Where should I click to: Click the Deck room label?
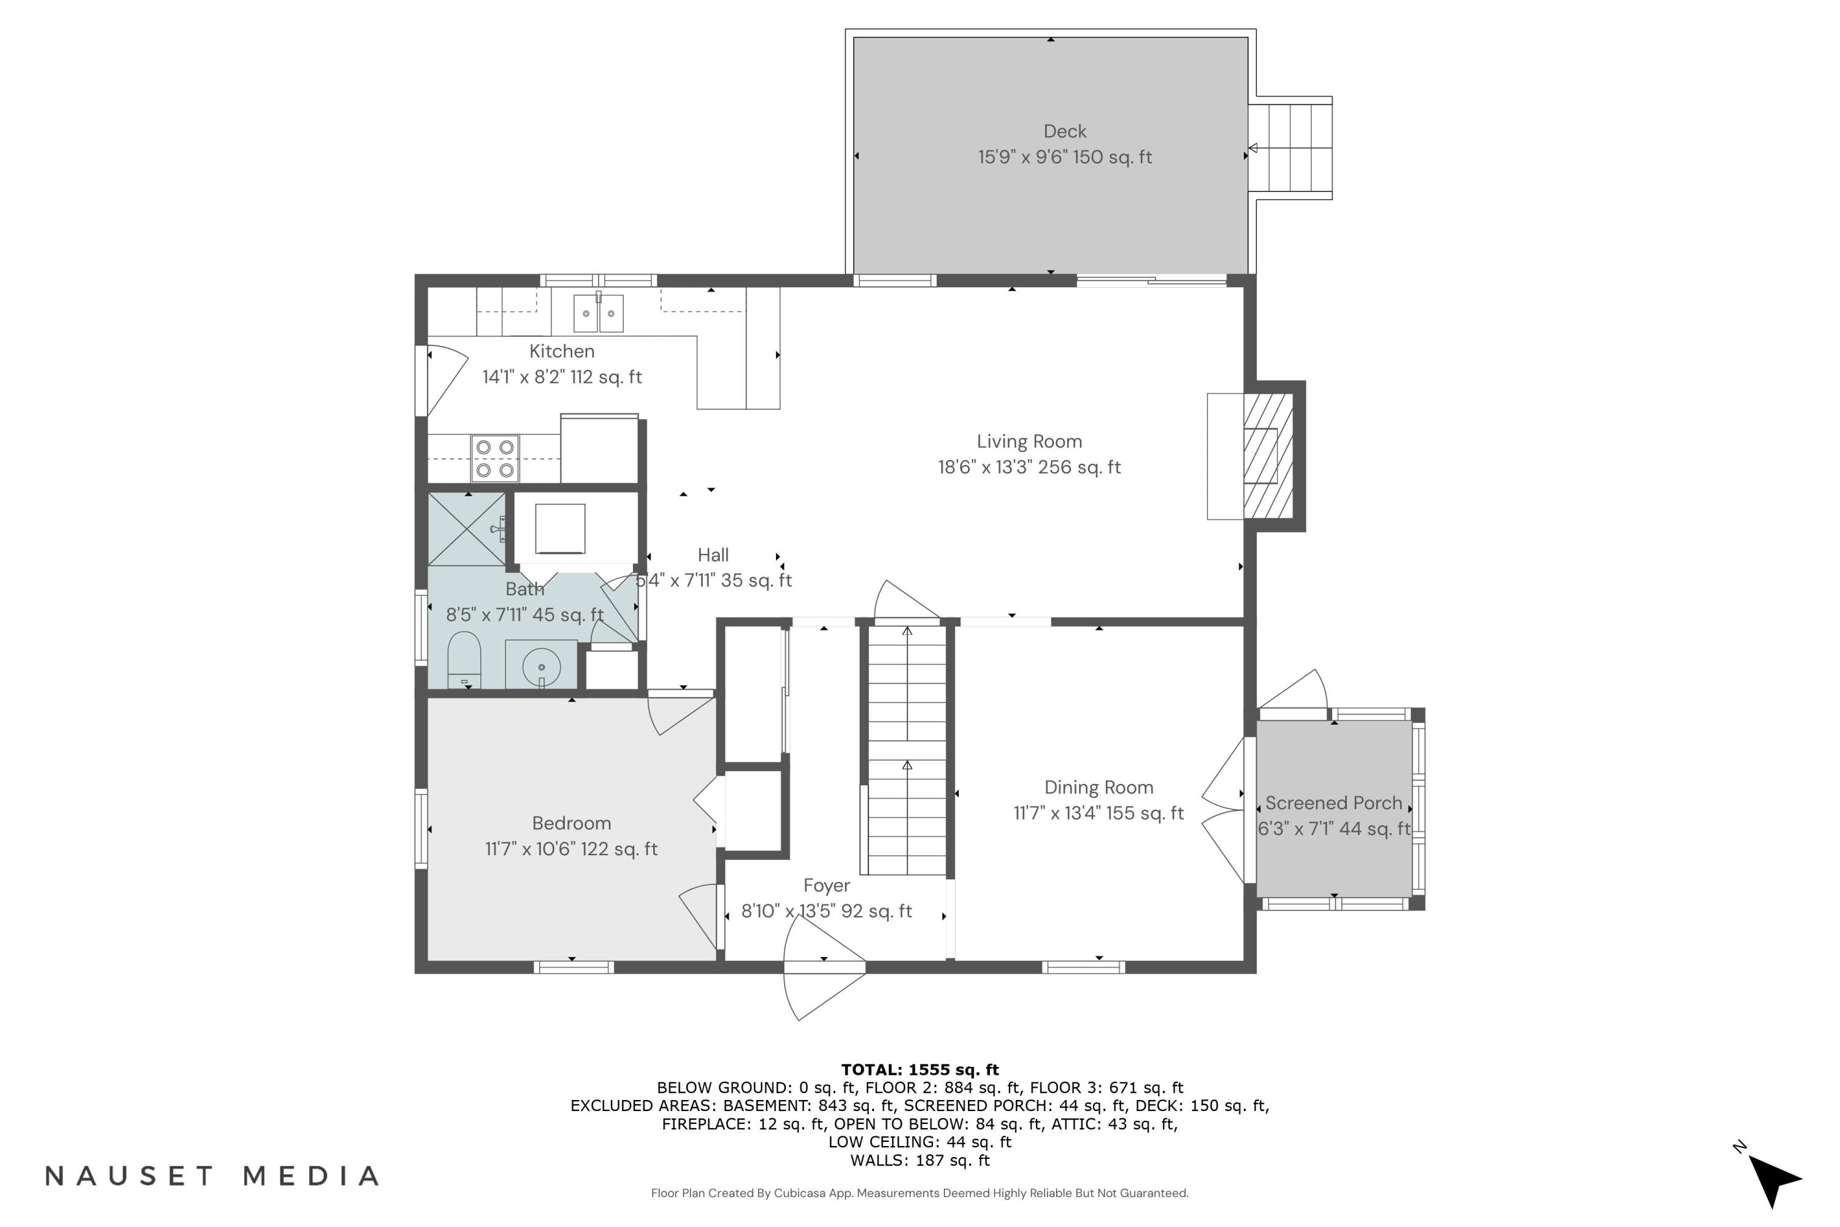coord(1065,131)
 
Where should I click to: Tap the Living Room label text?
coord(1030,441)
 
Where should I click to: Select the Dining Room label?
coord(1098,787)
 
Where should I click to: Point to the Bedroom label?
coord(571,823)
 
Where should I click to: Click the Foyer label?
coord(826,885)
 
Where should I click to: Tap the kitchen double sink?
coord(599,313)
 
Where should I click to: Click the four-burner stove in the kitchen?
coord(494,458)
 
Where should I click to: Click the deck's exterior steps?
coord(1290,148)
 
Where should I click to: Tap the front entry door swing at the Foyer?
coord(824,967)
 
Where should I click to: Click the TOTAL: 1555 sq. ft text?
coord(920,1070)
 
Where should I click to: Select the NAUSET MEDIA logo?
coord(212,1176)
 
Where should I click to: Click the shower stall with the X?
coord(467,529)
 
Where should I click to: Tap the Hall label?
coord(713,555)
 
